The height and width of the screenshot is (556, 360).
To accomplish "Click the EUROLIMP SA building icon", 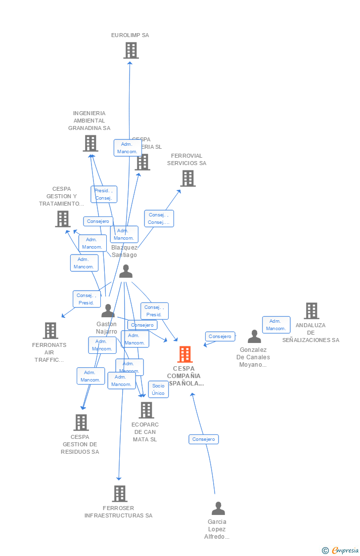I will [131, 50].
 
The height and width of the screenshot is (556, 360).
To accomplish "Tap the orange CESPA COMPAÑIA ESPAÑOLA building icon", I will [185, 354].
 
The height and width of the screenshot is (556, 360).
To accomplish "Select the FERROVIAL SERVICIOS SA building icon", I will [188, 178].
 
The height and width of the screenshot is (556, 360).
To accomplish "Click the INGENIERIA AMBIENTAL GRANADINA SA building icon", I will [90, 143].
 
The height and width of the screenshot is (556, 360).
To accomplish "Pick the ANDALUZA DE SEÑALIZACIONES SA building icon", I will [312, 311].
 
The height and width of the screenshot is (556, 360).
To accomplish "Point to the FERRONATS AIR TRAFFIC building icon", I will [50, 331].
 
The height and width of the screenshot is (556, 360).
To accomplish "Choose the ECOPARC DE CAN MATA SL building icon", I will [146, 410].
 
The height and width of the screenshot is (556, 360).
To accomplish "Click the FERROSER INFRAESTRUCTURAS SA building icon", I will [120, 493].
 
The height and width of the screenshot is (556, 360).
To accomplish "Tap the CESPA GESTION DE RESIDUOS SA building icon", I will [81, 423].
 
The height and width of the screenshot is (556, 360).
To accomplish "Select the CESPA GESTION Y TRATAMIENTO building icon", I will [63, 218].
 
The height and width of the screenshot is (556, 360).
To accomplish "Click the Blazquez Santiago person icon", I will [126, 271].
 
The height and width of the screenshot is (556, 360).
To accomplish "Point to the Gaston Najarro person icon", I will [108, 311].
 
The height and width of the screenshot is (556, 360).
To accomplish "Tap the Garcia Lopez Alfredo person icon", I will [218, 509].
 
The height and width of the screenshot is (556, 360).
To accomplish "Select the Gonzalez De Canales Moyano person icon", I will [254, 337].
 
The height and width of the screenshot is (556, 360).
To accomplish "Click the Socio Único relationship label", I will [158, 389].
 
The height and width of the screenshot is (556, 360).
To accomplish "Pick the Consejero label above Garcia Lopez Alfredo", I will [203, 439].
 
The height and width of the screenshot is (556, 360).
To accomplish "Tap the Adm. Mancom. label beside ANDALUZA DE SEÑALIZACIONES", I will [276, 325].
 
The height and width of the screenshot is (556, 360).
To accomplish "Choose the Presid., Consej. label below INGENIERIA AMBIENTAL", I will [104, 194].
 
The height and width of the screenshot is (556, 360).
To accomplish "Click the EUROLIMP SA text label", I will [130, 35].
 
